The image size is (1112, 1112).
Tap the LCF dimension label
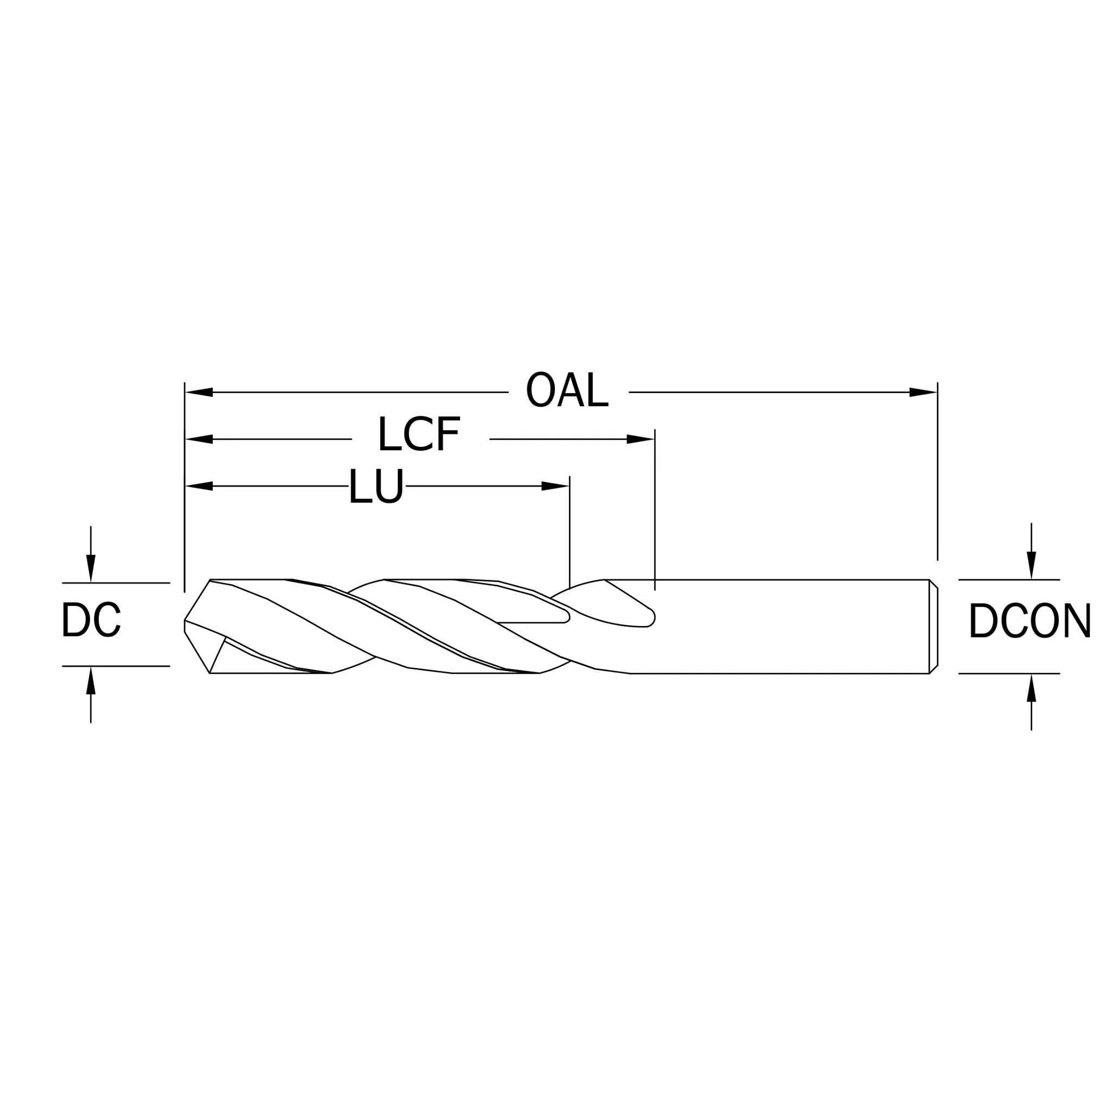[x=419, y=433]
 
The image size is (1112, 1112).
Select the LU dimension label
[x=376, y=486]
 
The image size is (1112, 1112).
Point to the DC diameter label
[x=91, y=620]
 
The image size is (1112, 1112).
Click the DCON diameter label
[x=1030, y=620]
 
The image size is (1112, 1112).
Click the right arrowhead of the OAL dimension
[x=923, y=393]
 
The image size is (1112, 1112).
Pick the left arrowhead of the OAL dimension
[x=199, y=393]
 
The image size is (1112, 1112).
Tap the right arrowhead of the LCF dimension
[x=641, y=439]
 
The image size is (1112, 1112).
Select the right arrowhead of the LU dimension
[x=555, y=486]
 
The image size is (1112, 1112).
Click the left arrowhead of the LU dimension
[x=199, y=486]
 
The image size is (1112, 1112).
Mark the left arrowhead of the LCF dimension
[x=199, y=439]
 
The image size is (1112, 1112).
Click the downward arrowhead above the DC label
[x=90, y=568]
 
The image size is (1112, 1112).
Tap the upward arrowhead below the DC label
[x=90, y=680]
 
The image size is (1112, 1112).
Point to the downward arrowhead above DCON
[x=1032, y=566]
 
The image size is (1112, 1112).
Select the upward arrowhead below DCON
[x=1032, y=688]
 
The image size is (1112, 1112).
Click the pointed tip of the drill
[x=185, y=621]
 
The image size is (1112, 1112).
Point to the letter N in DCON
[x=1077, y=620]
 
